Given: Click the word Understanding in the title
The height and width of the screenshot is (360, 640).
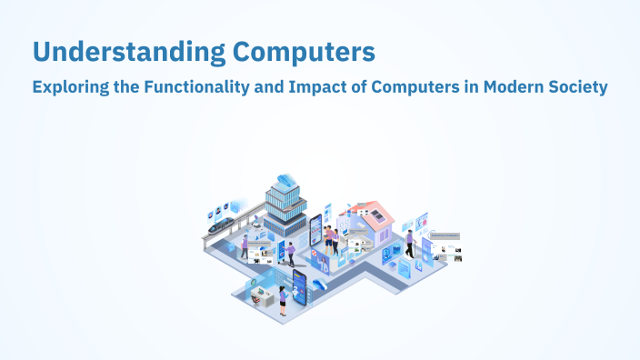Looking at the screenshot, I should [122, 53].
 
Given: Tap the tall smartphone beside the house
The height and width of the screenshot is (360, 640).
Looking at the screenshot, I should [316, 231].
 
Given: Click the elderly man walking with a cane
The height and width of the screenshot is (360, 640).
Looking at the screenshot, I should [410, 244].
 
